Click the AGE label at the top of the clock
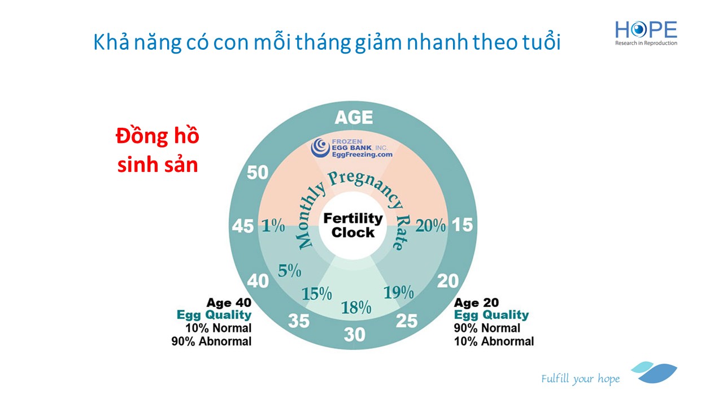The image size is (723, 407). (x=354, y=117)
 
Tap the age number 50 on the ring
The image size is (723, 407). (x=258, y=172)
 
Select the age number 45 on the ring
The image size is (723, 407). (x=243, y=226)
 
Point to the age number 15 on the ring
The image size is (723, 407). (x=462, y=225)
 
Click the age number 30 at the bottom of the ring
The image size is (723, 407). (x=354, y=335)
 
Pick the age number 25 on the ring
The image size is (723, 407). (x=407, y=321)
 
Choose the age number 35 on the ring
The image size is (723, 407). (x=299, y=321)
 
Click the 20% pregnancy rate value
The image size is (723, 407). (x=430, y=226)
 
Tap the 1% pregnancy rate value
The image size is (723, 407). (x=273, y=226)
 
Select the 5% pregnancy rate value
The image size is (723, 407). (x=290, y=271)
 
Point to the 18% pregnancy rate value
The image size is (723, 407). (x=356, y=308)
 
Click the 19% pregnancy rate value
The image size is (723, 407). (x=399, y=293)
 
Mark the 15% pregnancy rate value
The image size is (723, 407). (x=317, y=294)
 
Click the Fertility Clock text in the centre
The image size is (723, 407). (x=353, y=226)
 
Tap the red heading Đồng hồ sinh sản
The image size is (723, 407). (x=158, y=150)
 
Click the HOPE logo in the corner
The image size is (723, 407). (x=646, y=33)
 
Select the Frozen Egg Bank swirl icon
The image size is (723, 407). (x=320, y=148)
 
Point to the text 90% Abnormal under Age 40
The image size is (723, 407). (x=211, y=341)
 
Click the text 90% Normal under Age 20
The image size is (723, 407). (x=487, y=328)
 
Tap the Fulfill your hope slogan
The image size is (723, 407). (x=580, y=379)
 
